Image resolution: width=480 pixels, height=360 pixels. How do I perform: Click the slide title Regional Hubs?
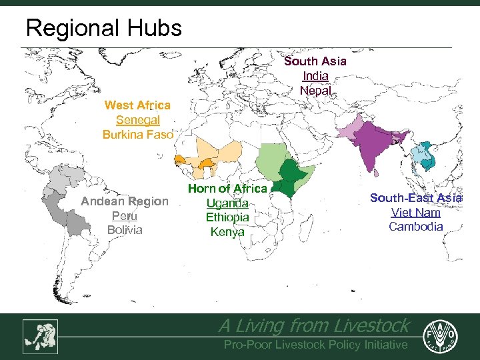[x=103, y=28]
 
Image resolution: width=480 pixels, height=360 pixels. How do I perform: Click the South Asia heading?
[x=315, y=61]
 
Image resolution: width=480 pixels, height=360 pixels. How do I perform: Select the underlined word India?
[x=315, y=76]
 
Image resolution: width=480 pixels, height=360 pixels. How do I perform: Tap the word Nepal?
[x=315, y=90]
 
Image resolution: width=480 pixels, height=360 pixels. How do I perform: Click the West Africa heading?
[x=137, y=105]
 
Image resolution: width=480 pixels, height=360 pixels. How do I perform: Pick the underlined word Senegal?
[x=137, y=120]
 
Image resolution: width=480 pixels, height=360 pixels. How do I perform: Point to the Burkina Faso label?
[x=137, y=134]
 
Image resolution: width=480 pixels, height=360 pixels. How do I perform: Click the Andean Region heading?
[x=125, y=201]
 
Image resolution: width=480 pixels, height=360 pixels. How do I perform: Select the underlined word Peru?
[x=125, y=216]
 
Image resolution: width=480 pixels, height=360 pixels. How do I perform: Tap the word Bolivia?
[x=125, y=230]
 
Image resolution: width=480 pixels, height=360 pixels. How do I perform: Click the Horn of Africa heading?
[x=227, y=189]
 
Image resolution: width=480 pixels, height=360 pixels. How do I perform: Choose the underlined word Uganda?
[x=227, y=203]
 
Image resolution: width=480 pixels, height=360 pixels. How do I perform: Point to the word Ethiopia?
[x=227, y=217]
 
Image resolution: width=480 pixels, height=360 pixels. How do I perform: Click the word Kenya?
[x=227, y=232]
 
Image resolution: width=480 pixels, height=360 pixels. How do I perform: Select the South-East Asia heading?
[x=416, y=198]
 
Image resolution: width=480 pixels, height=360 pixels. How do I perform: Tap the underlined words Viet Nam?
[x=416, y=213]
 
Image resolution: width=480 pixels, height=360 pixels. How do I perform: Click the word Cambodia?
[x=416, y=227]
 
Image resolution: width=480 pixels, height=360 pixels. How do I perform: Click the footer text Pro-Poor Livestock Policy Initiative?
[x=315, y=345]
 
